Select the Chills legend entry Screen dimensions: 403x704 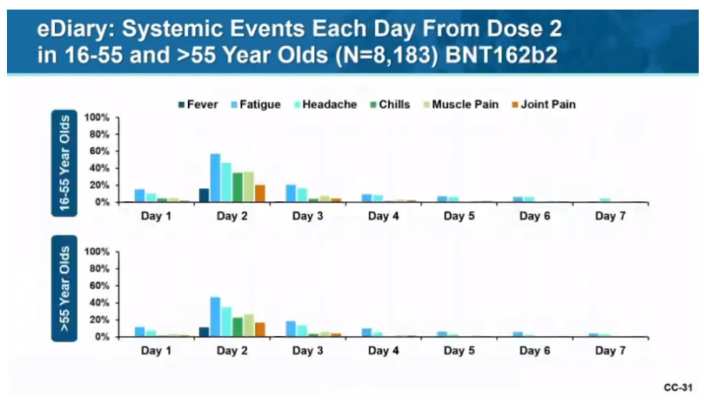[x=388, y=104]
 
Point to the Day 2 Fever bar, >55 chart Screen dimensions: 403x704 [x=204, y=332]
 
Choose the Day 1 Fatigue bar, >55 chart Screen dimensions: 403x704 [x=139, y=332]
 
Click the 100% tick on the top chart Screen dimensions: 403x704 [x=96, y=117]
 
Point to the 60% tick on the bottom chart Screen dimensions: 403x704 [x=97, y=285]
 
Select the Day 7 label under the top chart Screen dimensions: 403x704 [x=611, y=216]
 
